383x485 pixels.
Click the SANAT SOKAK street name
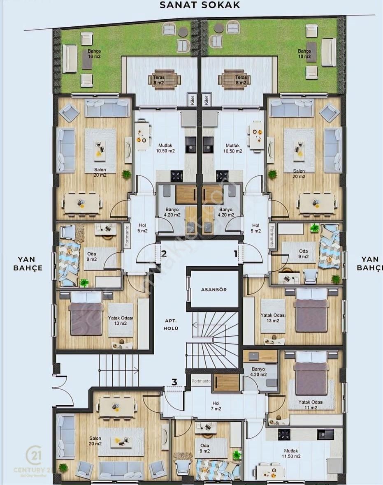(200, 5)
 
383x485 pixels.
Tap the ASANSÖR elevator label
(214, 289)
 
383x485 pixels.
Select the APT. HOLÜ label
(170, 325)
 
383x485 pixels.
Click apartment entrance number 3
(174, 382)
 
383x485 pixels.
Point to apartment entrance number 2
(164, 254)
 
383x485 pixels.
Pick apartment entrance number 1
(236, 254)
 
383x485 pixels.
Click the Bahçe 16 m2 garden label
(94, 54)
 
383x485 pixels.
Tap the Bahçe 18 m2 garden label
(304, 54)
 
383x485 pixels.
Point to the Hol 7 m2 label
(216, 406)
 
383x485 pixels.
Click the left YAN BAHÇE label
(30, 263)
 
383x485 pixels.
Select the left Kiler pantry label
(191, 100)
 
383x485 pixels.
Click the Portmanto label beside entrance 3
(201, 381)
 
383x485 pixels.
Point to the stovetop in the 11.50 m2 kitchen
(284, 434)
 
